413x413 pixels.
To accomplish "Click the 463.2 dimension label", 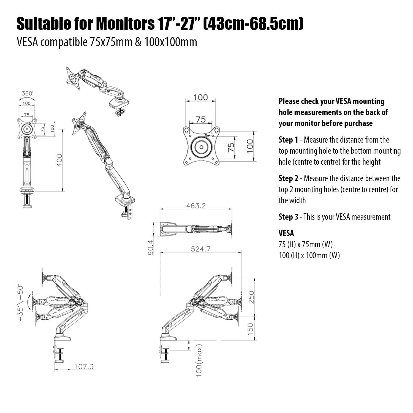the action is pos(196,206).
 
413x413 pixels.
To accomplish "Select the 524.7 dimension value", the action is pos(201,249).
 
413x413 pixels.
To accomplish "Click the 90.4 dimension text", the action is pos(151,247).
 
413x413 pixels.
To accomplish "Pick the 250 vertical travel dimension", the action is pos(251,297).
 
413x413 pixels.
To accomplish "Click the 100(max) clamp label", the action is pos(199,360).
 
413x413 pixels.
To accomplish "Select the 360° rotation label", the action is pos(27,93).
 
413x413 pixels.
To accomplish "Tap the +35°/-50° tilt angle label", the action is pos(21,303).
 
